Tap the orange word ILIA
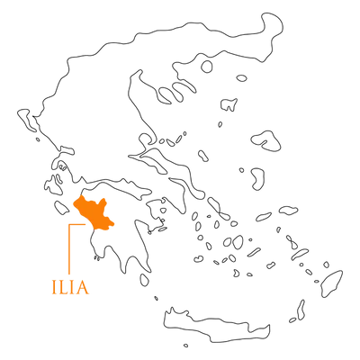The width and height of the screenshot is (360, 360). tap(70, 287)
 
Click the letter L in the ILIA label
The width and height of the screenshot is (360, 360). tap(62, 287)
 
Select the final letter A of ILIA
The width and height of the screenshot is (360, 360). tap(81, 287)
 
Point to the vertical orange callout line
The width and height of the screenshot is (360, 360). tap(69, 249)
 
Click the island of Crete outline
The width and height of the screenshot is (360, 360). tap(216, 326)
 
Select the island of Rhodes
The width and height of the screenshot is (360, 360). tap(332, 283)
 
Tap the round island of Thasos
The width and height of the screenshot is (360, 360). tap(207, 67)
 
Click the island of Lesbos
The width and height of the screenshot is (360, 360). tap(265, 140)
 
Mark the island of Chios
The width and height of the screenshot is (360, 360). tap(257, 179)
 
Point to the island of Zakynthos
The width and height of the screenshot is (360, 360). tap(61, 208)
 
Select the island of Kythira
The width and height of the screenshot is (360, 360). tap(144, 280)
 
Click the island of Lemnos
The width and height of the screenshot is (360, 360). tap(229, 104)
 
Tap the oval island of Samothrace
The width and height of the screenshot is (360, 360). tap(241, 78)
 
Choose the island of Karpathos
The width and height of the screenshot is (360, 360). tap(301, 310)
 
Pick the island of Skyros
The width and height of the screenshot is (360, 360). tap(203, 156)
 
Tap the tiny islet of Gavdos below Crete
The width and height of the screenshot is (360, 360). tap(185, 346)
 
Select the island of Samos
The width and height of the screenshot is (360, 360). tap(289, 210)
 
